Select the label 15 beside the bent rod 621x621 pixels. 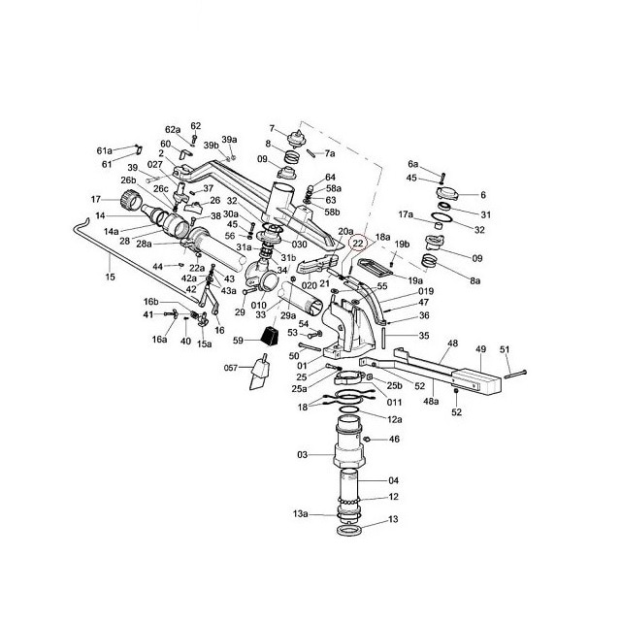coord(110,278)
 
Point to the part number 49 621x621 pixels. coord(480,349)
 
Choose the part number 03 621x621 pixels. coord(302,454)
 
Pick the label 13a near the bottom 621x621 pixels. coord(301,513)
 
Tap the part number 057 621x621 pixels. coord(231,368)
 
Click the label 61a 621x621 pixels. coord(104,150)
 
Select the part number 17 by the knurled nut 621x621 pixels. coord(96,200)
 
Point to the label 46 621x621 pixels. coord(395,440)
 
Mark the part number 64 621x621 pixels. coord(331,177)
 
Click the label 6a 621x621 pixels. coord(412,164)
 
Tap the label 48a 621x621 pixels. coord(429,401)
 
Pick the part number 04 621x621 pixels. coord(394,480)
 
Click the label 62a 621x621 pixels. coord(173,129)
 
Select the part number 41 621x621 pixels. coord(148,314)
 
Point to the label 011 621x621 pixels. coord(394,401)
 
